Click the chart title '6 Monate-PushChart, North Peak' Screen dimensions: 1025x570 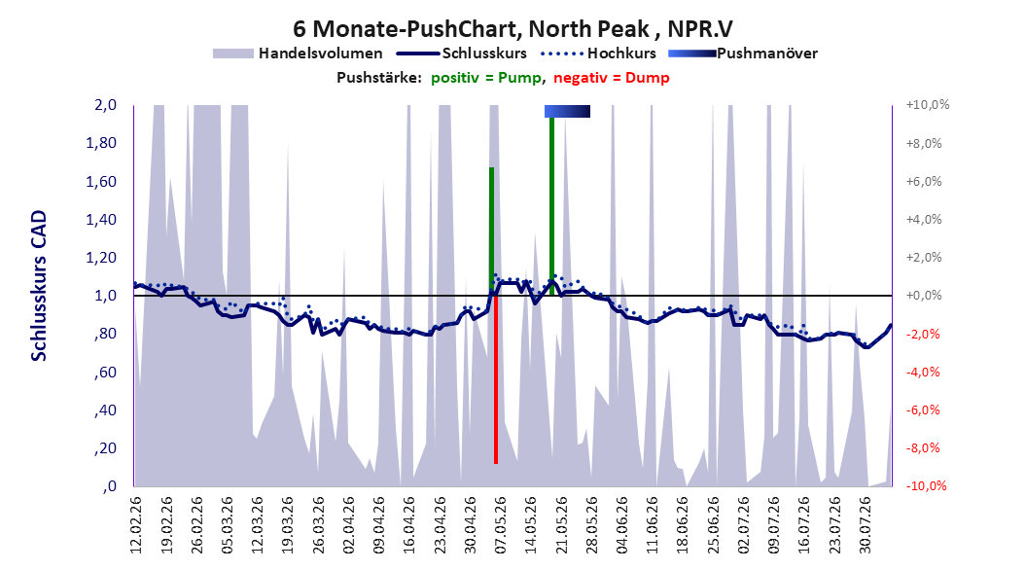click(x=471, y=29)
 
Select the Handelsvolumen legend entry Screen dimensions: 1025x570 click(x=299, y=53)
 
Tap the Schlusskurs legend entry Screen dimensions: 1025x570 click(x=462, y=53)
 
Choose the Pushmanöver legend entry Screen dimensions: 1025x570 click(x=743, y=53)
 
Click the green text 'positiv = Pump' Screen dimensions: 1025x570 click(x=485, y=78)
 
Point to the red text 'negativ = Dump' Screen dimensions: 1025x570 click(x=612, y=78)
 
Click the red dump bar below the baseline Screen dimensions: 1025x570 click(x=496, y=379)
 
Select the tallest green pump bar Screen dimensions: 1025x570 click(x=551, y=206)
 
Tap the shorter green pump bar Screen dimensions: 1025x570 click(x=491, y=232)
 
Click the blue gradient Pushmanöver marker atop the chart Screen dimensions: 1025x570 click(x=567, y=112)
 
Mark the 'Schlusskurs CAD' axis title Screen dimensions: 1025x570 click(x=39, y=286)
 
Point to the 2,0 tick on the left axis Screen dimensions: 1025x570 click(x=105, y=105)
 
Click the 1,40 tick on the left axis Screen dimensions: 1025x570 click(x=101, y=220)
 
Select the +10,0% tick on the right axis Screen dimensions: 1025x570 click(x=928, y=105)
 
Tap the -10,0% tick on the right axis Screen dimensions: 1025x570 click(x=926, y=485)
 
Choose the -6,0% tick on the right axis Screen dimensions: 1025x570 click(x=923, y=410)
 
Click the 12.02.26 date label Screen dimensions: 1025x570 click(x=136, y=525)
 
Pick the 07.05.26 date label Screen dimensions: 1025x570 click(x=501, y=525)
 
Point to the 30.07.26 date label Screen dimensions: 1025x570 click(x=866, y=525)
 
